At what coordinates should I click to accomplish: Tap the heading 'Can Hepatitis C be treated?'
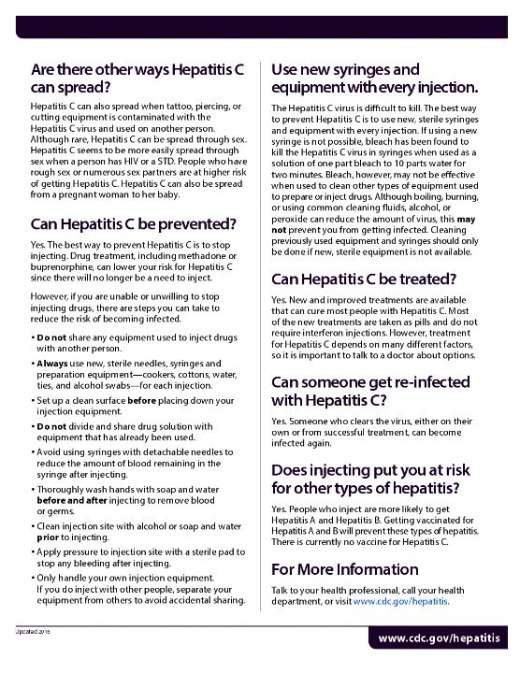click(x=364, y=279)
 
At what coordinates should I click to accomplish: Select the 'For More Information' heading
click(x=344, y=569)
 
